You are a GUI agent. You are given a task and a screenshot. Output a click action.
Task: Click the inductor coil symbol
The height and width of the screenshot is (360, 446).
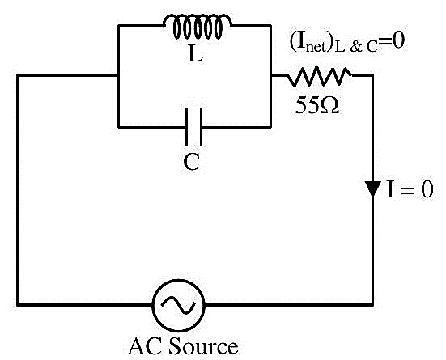tap(198, 26)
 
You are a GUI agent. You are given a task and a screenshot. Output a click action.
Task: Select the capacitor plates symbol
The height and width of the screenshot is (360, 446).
tap(194, 127)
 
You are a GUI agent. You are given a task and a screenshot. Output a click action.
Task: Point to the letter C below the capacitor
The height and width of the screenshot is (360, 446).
tap(191, 161)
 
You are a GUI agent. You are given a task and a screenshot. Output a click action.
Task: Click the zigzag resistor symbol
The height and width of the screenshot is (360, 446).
tap(320, 77)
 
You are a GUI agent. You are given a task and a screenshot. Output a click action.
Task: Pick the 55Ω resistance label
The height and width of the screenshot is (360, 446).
tap(317, 104)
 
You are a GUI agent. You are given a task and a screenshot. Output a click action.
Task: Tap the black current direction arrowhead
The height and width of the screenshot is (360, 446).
tap(373, 188)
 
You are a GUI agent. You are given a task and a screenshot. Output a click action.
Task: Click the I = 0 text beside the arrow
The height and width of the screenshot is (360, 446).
tap(410, 189)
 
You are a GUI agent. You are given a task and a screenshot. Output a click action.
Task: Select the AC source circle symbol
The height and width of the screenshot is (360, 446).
tap(178, 306)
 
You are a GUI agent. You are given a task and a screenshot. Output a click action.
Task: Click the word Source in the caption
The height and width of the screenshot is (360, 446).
tap(203, 346)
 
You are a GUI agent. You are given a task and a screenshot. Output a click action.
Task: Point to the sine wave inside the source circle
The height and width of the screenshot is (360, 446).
tap(178, 306)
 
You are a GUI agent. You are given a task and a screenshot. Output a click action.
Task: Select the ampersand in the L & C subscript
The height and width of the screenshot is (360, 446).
tap(356, 48)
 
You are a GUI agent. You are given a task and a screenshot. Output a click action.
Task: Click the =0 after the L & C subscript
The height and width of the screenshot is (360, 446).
tap(392, 40)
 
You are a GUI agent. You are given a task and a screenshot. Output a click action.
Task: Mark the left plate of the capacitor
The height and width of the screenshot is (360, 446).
tap(187, 127)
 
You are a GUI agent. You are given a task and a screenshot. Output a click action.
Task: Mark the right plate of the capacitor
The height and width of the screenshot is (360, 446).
tap(201, 127)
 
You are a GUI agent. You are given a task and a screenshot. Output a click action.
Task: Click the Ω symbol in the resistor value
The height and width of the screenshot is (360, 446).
tap(329, 104)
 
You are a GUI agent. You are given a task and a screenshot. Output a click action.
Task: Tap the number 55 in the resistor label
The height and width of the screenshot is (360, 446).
tap(308, 104)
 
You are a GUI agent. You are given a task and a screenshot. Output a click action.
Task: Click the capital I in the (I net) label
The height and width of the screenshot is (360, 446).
tap(301, 41)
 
